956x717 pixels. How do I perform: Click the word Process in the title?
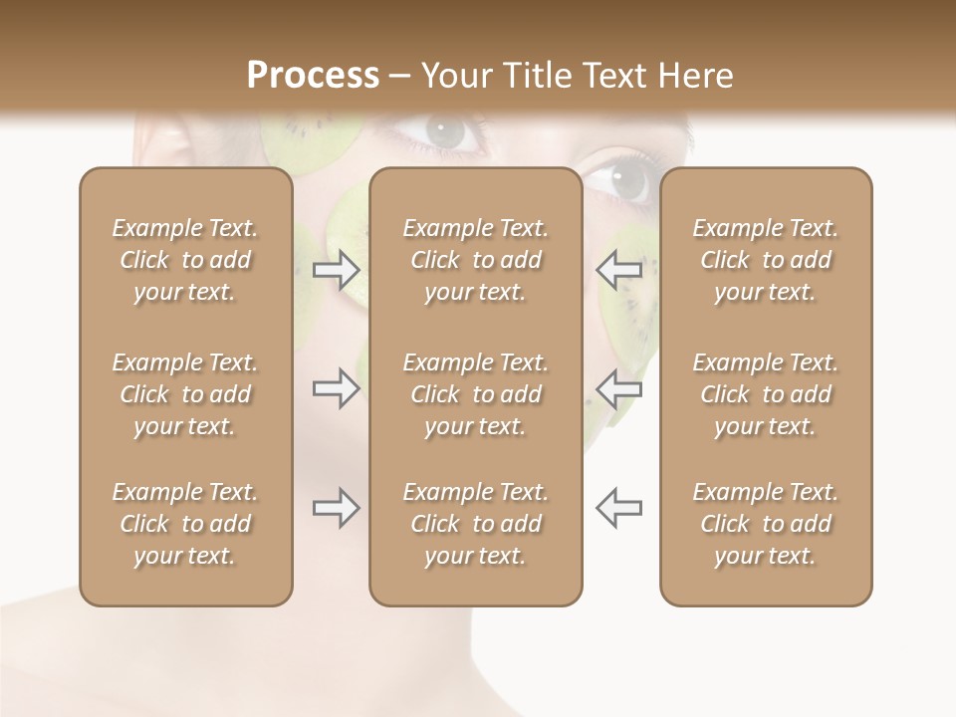point(313,76)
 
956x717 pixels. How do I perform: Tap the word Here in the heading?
point(693,76)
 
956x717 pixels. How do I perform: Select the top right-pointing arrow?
point(336,270)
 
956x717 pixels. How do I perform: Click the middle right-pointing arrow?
point(336,388)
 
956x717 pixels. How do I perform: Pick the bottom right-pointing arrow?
point(336,508)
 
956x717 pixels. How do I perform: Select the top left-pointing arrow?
point(618,270)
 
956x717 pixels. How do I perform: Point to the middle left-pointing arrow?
point(618,388)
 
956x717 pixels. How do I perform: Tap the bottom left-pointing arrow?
point(618,508)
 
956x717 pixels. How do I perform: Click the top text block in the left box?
point(185,260)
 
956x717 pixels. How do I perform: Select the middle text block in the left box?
point(185,394)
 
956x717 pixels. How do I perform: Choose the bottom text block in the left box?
point(185,524)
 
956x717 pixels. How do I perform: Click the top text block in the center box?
point(475,260)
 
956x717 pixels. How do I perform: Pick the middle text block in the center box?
point(475,394)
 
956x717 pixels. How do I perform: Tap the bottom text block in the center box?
point(475,524)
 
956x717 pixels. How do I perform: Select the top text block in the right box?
point(765,260)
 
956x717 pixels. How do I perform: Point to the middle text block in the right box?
point(765,394)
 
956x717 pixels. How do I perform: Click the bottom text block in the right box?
point(765,524)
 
